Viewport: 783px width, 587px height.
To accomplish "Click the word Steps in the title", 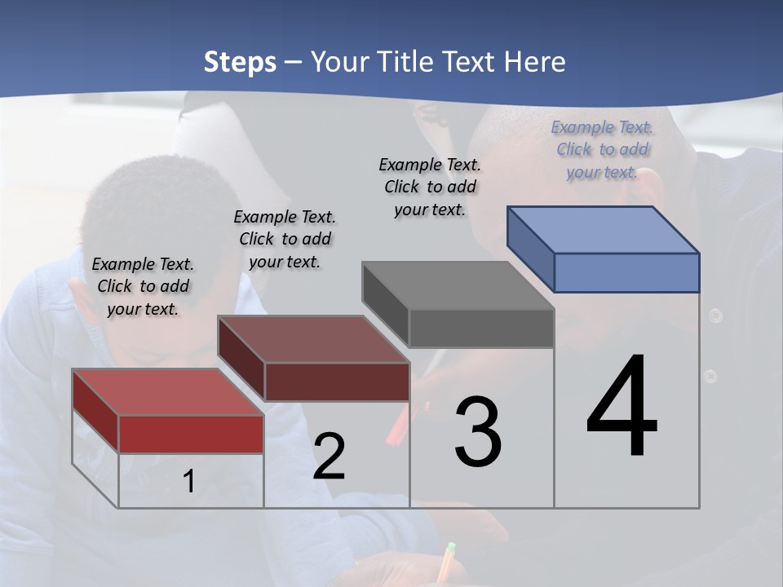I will click(240, 62).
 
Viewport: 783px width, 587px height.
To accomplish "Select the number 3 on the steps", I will click(478, 432).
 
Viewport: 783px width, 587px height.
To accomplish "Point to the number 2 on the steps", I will click(329, 457).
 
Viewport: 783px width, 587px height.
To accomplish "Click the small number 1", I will click(189, 482).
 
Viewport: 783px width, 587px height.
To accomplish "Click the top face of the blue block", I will click(604, 229).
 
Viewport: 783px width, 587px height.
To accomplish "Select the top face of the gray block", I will click(458, 285).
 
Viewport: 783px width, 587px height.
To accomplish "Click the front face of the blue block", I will click(626, 272).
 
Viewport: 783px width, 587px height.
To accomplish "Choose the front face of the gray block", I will click(481, 329).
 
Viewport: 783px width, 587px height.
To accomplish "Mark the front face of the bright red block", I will click(191, 434).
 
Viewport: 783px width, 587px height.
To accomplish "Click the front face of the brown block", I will click(337, 382).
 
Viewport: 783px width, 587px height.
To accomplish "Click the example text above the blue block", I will click(603, 150).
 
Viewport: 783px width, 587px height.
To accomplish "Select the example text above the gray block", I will click(430, 188).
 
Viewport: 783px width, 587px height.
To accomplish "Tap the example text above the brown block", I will click(285, 240).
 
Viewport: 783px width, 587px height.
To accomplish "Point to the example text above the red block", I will click(143, 287).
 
